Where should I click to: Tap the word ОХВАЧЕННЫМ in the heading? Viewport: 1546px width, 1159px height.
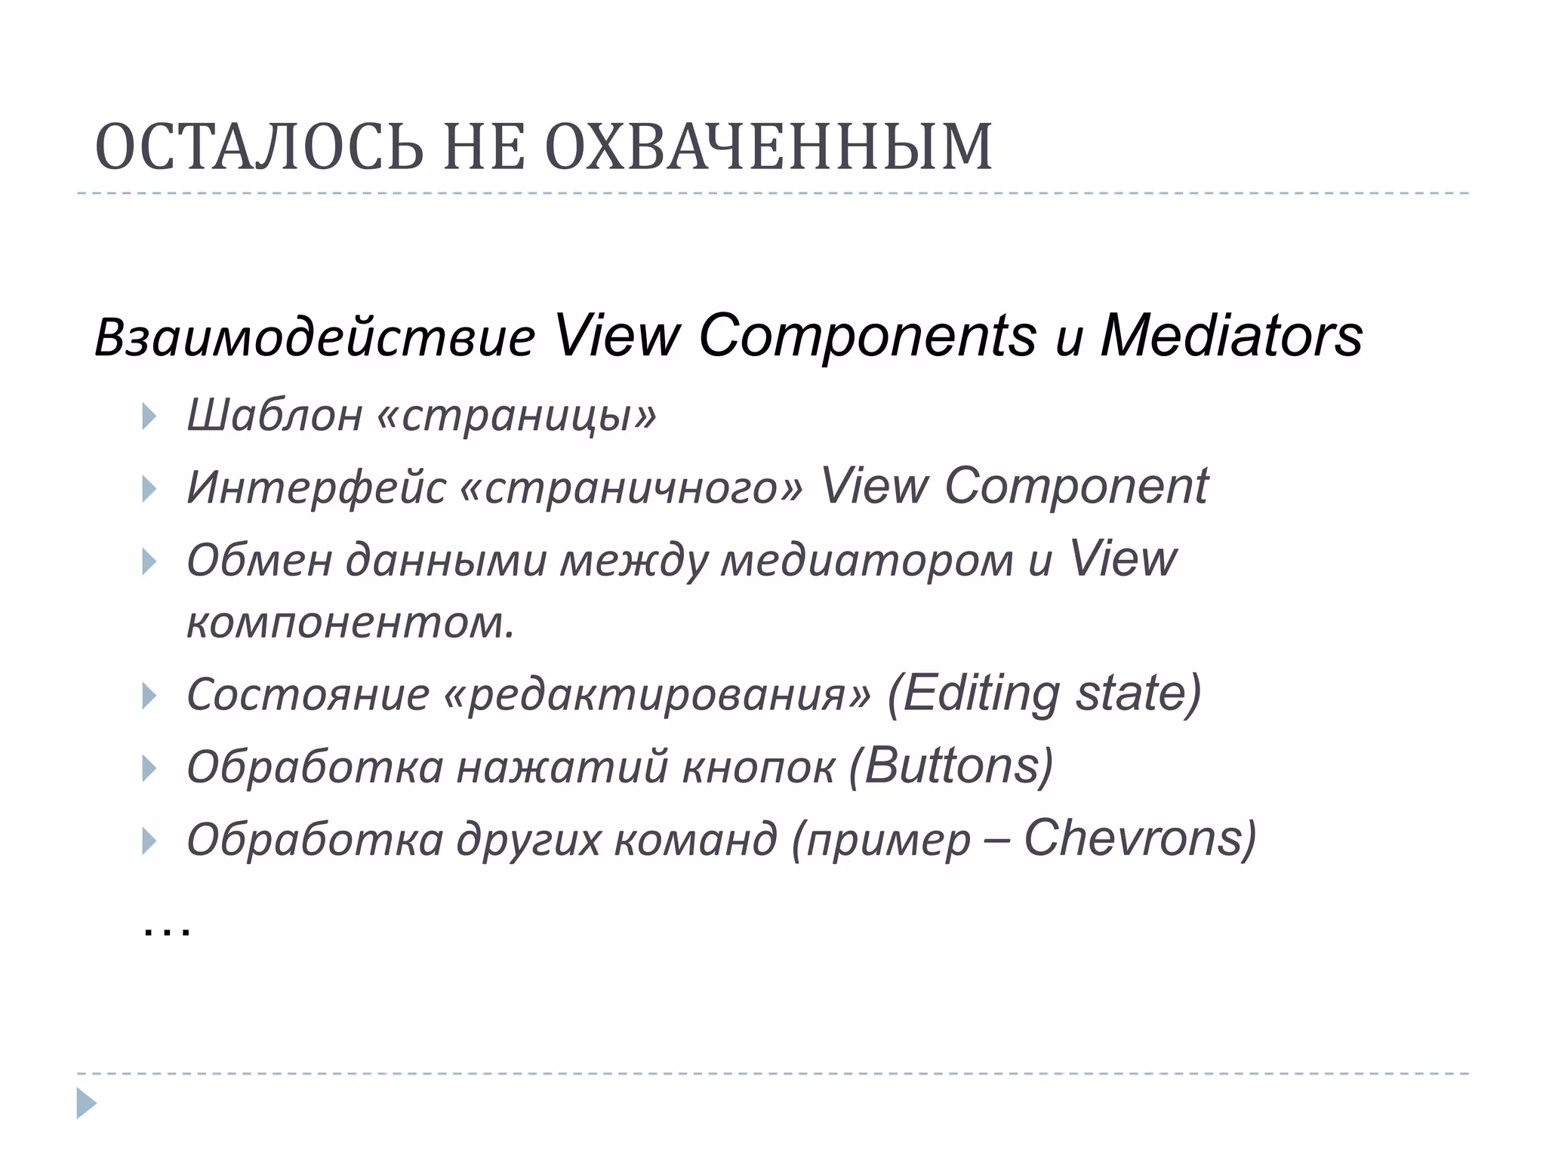click(768, 147)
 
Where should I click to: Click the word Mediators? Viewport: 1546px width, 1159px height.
click(1231, 335)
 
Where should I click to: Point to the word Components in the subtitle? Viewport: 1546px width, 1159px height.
click(867, 337)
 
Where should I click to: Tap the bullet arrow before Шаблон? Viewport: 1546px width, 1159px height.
click(149, 417)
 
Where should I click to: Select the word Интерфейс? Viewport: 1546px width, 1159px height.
click(316, 487)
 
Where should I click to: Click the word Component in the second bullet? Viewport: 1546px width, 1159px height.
click(1076, 487)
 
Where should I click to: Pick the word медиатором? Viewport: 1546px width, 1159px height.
click(867, 561)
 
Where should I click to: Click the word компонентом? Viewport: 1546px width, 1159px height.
click(350, 623)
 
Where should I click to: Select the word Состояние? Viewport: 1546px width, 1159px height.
click(308, 694)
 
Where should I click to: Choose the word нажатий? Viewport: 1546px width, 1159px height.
click(562, 767)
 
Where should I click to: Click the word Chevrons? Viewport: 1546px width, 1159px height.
click(1132, 838)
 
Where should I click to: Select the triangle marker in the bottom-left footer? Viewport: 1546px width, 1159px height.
click(86, 1103)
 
